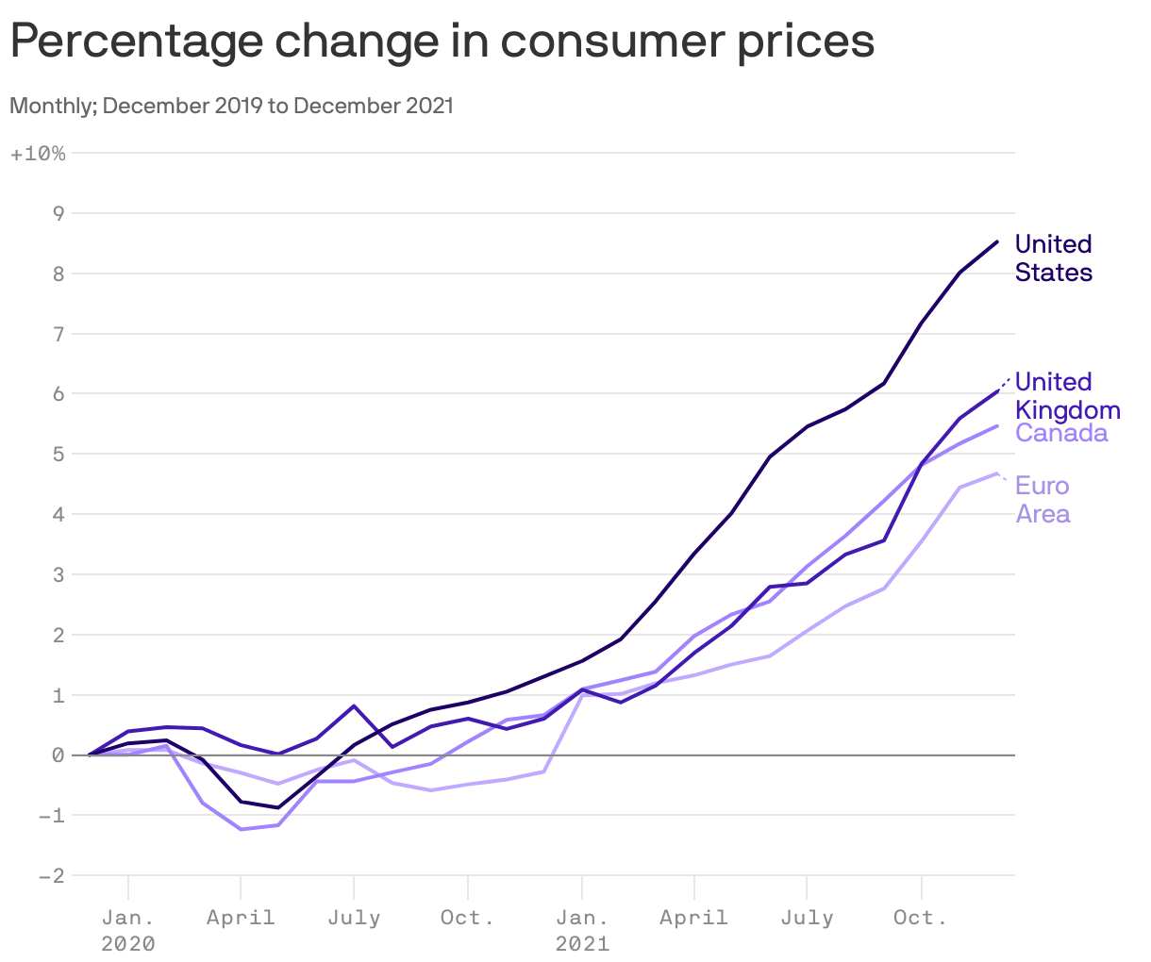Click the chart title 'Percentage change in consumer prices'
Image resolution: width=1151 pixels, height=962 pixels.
[442, 41]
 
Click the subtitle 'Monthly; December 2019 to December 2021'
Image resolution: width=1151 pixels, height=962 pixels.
[231, 106]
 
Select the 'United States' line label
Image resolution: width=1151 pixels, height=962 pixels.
[1053, 258]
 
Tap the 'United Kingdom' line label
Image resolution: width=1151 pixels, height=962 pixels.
[1067, 396]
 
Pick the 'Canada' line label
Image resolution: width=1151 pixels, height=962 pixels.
[1061, 434]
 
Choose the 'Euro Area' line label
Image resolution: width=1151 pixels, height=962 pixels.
[1043, 500]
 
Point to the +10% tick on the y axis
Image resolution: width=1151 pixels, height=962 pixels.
[38, 154]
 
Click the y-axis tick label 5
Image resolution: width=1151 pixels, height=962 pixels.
[58, 455]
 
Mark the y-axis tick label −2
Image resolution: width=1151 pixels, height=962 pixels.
[51, 876]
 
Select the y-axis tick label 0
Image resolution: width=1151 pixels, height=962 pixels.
[58, 755]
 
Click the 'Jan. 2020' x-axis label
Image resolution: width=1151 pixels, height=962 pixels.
[128, 930]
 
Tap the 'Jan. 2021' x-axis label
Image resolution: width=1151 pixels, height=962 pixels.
[582, 930]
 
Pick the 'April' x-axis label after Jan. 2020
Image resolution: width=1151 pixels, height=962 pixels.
[241, 918]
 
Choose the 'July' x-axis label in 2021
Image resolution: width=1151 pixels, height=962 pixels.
[807, 918]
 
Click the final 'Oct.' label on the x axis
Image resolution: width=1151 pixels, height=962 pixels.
[921, 918]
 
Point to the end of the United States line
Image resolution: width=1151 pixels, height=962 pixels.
[997, 242]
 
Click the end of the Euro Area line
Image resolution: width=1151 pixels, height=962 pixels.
[997, 473]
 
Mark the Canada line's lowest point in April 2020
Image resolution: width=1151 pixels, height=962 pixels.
[241, 829]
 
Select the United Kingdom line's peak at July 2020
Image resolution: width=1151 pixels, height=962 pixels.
[354, 705]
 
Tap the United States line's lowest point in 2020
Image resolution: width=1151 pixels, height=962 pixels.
[277, 807]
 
